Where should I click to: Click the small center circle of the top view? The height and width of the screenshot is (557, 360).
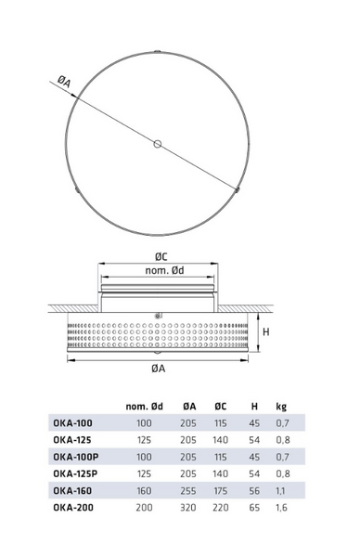point(158,144)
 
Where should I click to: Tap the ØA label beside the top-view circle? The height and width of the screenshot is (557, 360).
point(64,83)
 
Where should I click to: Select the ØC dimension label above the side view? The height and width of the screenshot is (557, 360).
point(161,256)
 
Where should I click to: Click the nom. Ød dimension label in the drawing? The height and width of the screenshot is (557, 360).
point(165,270)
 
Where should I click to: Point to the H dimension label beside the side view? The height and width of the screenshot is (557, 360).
point(266,331)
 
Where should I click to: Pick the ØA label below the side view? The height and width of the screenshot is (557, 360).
point(159,369)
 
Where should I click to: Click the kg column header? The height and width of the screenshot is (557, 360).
point(281,407)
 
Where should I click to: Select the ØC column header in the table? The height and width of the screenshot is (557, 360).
point(221,407)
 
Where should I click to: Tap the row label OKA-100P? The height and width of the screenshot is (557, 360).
point(76,457)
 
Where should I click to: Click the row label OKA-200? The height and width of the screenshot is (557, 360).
point(73,507)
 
